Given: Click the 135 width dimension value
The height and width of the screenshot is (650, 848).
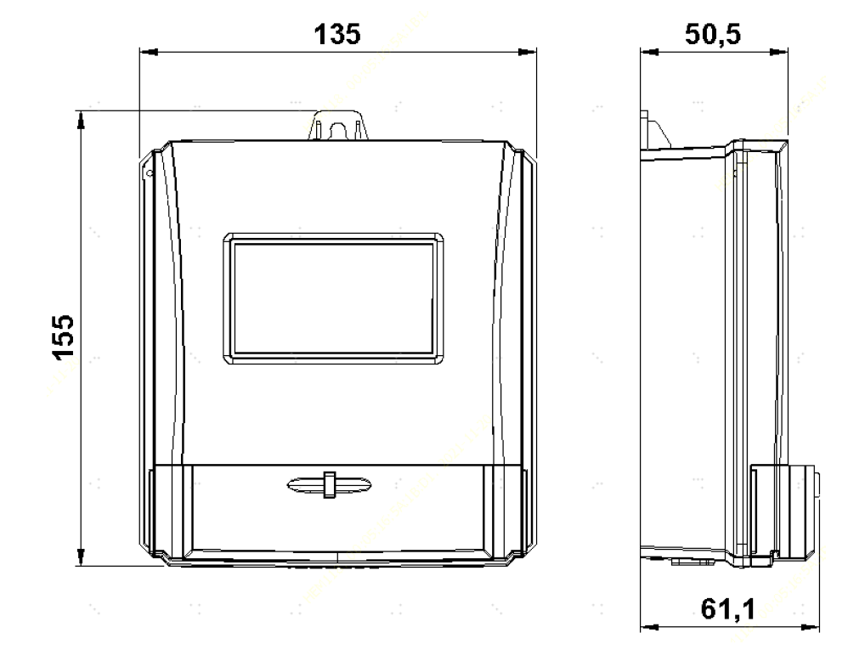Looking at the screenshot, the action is click(x=337, y=34).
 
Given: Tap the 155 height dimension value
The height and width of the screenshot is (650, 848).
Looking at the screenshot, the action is click(x=63, y=336).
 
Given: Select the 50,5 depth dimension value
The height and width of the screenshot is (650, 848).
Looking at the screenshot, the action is click(x=713, y=35).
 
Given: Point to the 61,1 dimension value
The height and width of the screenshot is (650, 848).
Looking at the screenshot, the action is click(x=728, y=609).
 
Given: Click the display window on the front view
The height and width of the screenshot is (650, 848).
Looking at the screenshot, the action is click(x=333, y=298).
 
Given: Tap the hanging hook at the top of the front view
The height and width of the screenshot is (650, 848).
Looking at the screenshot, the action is click(x=338, y=126).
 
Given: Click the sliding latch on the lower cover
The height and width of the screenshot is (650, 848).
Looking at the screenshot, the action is click(x=329, y=484).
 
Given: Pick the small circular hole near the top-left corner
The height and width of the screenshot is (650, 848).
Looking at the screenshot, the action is click(x=150, y=173).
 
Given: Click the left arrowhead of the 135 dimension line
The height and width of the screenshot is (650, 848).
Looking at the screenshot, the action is click(x=149, y=52).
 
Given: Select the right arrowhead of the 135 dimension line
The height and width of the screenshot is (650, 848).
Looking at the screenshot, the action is click(x=528, y=52).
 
